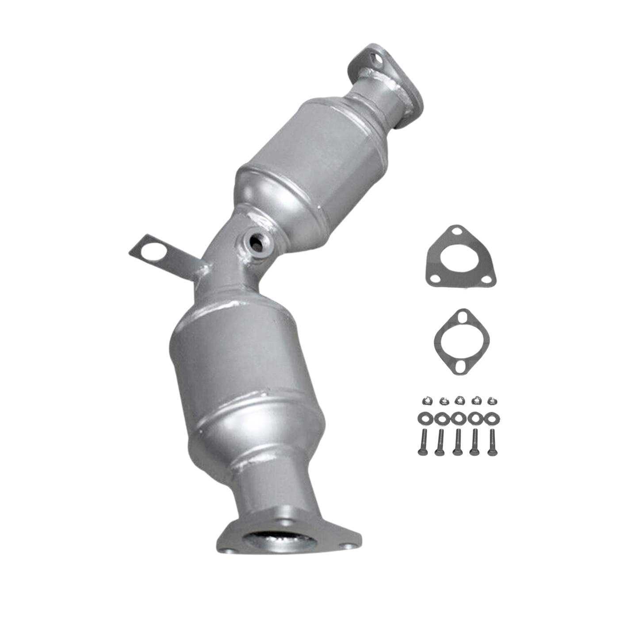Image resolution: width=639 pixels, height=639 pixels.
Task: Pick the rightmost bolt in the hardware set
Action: point(490,442)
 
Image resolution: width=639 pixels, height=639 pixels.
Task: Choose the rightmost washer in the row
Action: point(490,417)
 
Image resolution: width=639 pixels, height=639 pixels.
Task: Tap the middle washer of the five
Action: point(456,417)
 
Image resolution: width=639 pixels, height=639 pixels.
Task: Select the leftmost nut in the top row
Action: point(424,401)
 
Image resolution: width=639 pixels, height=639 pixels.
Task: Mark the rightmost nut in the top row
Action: point(490,401)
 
